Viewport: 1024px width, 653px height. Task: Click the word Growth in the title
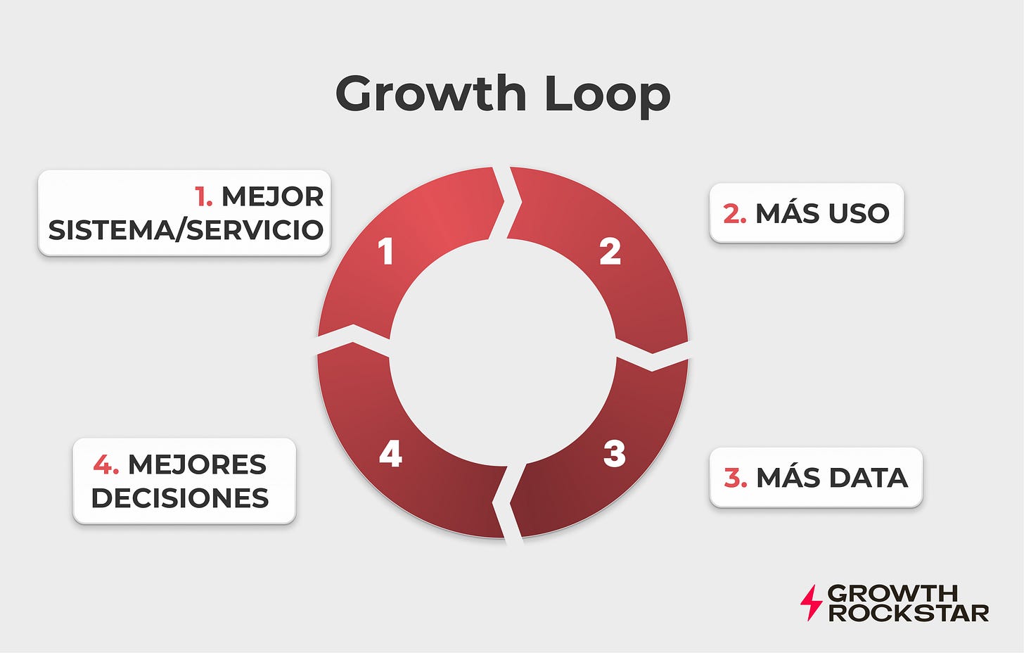pos(430,94)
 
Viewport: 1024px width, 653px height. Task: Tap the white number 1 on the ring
pos(385,252)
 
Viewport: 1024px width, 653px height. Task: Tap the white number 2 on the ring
pos(610,252)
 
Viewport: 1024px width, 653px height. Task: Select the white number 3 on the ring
pos(614,454)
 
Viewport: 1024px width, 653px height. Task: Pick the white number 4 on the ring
pos(390,454)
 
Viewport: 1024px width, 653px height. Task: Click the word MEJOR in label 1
pos(272,197)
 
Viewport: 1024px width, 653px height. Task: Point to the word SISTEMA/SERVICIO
pos(186,230)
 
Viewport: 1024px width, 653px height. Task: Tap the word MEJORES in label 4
pos(197,465)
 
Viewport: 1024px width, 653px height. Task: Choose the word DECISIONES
pos(180,498)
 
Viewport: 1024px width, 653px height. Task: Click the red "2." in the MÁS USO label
pos(734,214)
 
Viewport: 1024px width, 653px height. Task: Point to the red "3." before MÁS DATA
pos(735,478)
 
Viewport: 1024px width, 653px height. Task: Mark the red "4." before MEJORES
pos(105,465)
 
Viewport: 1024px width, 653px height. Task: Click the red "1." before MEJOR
pos(204,197)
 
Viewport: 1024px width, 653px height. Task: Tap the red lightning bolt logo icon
pos(811,602)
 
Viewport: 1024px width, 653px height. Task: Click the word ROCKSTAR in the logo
pos(908,613)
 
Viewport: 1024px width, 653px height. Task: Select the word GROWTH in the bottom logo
pos(892,593)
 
